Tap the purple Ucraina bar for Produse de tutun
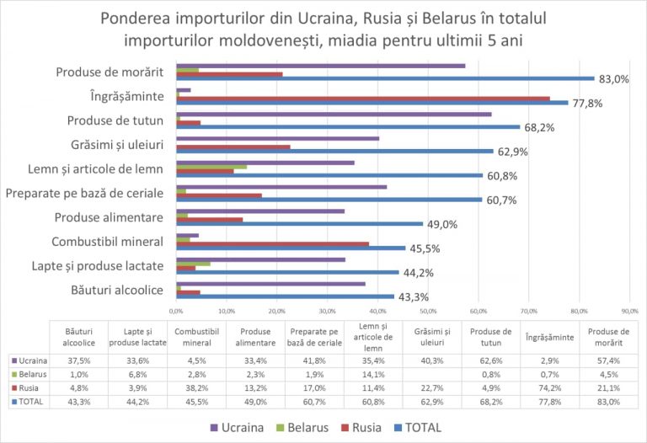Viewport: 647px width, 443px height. (x=333, y=114)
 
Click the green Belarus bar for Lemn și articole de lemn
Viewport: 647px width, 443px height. (x=211, y=167)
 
